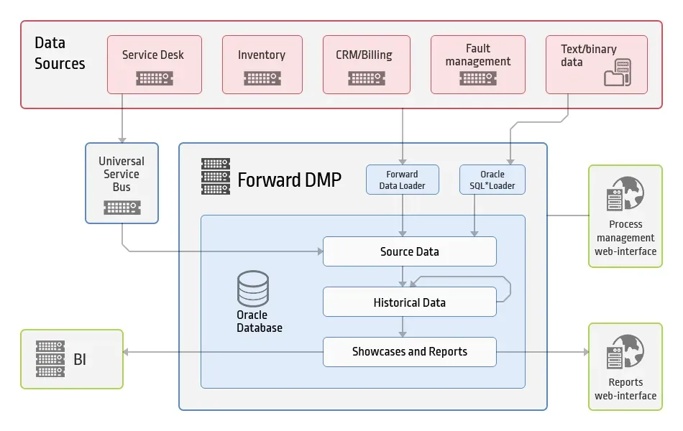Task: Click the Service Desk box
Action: pyautogui.click(x=155, y=65)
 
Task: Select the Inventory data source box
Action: pyautogui.click(x=262, y=65)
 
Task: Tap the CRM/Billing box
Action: pyautogui.click(x=367, y=65)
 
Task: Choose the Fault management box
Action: pyautogui.click(x=478, y=65)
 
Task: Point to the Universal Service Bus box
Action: pyautogui.click(x=122, y=183)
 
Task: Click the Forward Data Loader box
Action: pyautogui.click(x=403, y=180)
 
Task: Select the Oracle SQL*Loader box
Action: pyautogui.click(x=492, y=180)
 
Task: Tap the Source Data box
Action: pyautogui.click(x=410, y=251)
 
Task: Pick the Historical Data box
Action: pyautogui.click(x=410, y=302)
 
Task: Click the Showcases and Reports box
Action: pyautogui.click(x=410, y=352)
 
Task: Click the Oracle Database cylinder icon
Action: pyautogui.click(x=252, y=289)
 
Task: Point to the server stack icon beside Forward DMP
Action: pyautogui.click(x=216, y=176)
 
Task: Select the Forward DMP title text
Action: pyautogui.click(x=289, y=180)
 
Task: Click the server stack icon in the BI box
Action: pyautogui.click(x=50, y=358)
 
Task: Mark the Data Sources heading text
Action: pyautogui.click(x=60, y=53)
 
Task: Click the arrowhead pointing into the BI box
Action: pyautogui.click(x=126, y=352)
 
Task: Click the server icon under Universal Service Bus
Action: pyautogui.click(x=122, y=208)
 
